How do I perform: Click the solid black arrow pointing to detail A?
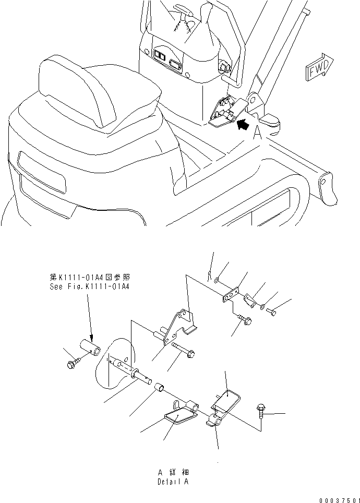click(x=242, y=125)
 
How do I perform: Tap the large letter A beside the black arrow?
click(x=257, y=135)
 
